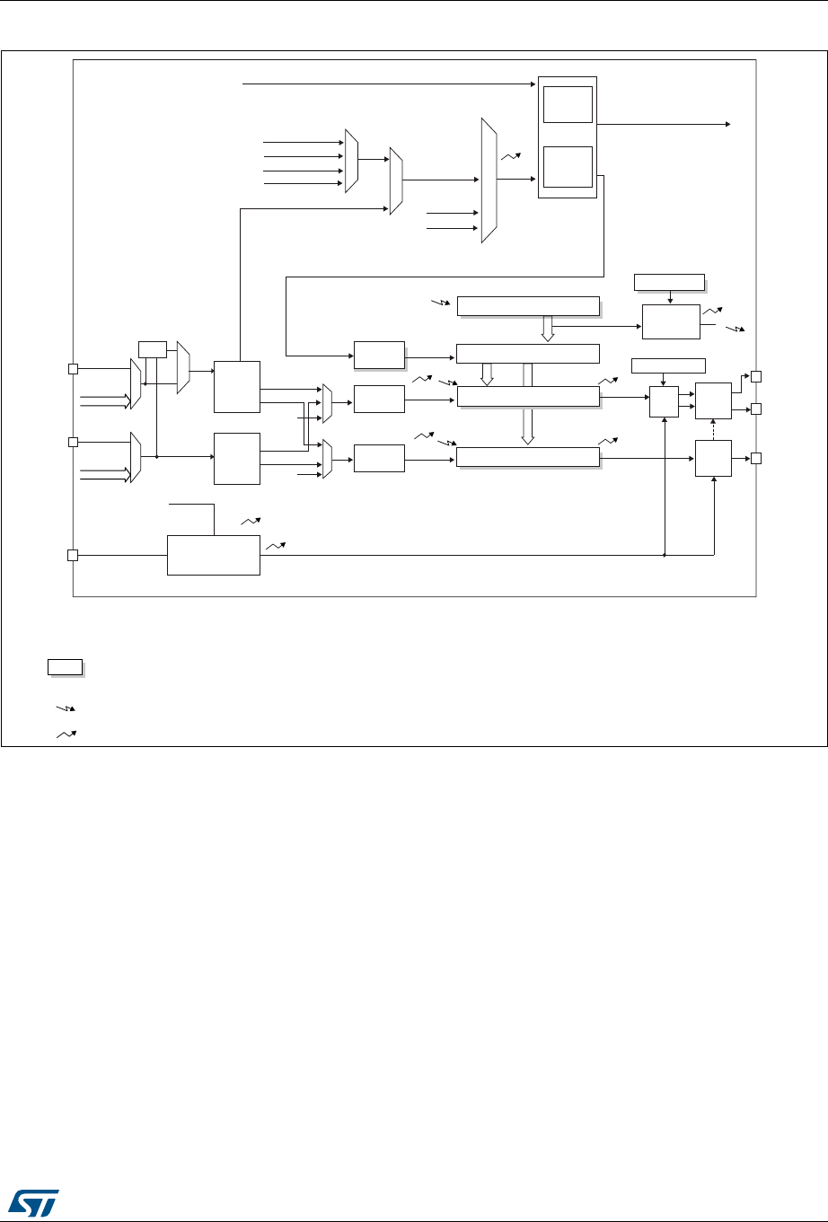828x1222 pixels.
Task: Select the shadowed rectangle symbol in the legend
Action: click(65, 666)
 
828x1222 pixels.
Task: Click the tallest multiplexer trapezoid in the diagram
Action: click(489, 180)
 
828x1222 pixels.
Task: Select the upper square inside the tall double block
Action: click(567, 104)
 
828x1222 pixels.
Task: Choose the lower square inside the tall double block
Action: click(567, 166)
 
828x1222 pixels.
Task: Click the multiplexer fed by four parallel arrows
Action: click(351, 162)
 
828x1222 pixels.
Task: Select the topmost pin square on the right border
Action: click(757, 376)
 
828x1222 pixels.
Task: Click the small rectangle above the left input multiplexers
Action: click(153, 349)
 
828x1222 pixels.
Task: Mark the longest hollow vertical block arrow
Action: click(528, 404)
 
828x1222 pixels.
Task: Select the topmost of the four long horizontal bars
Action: click(528, 306)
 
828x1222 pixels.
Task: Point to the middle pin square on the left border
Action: click(73, 442)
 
